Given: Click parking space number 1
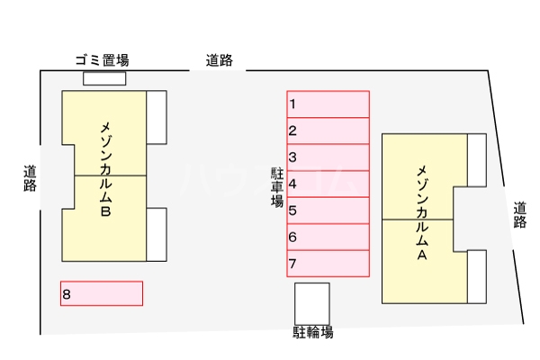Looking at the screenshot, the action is point(328,104).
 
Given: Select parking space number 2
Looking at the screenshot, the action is point(328,130).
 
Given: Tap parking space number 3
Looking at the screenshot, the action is point(328,157).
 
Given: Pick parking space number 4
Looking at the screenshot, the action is point(328,184).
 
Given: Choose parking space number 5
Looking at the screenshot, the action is point(328,211).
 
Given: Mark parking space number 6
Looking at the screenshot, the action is point(328,237).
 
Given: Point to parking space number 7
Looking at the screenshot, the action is point(328,264).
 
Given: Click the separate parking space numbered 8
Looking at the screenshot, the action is point(102,293).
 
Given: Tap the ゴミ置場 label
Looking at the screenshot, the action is point(102,60).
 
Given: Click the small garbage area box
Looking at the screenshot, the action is point(104,78).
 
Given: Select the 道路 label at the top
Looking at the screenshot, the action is point(219,61).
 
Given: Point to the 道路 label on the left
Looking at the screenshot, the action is point(30,178).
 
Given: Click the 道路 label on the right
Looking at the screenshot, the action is point(519,216).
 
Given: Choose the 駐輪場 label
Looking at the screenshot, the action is point(312,332).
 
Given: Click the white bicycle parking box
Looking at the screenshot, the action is point(312,302).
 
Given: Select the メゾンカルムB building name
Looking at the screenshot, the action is point(105,170).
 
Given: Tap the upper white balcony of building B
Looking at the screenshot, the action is point(157,117).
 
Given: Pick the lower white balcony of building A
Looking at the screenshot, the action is point(477,276).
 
